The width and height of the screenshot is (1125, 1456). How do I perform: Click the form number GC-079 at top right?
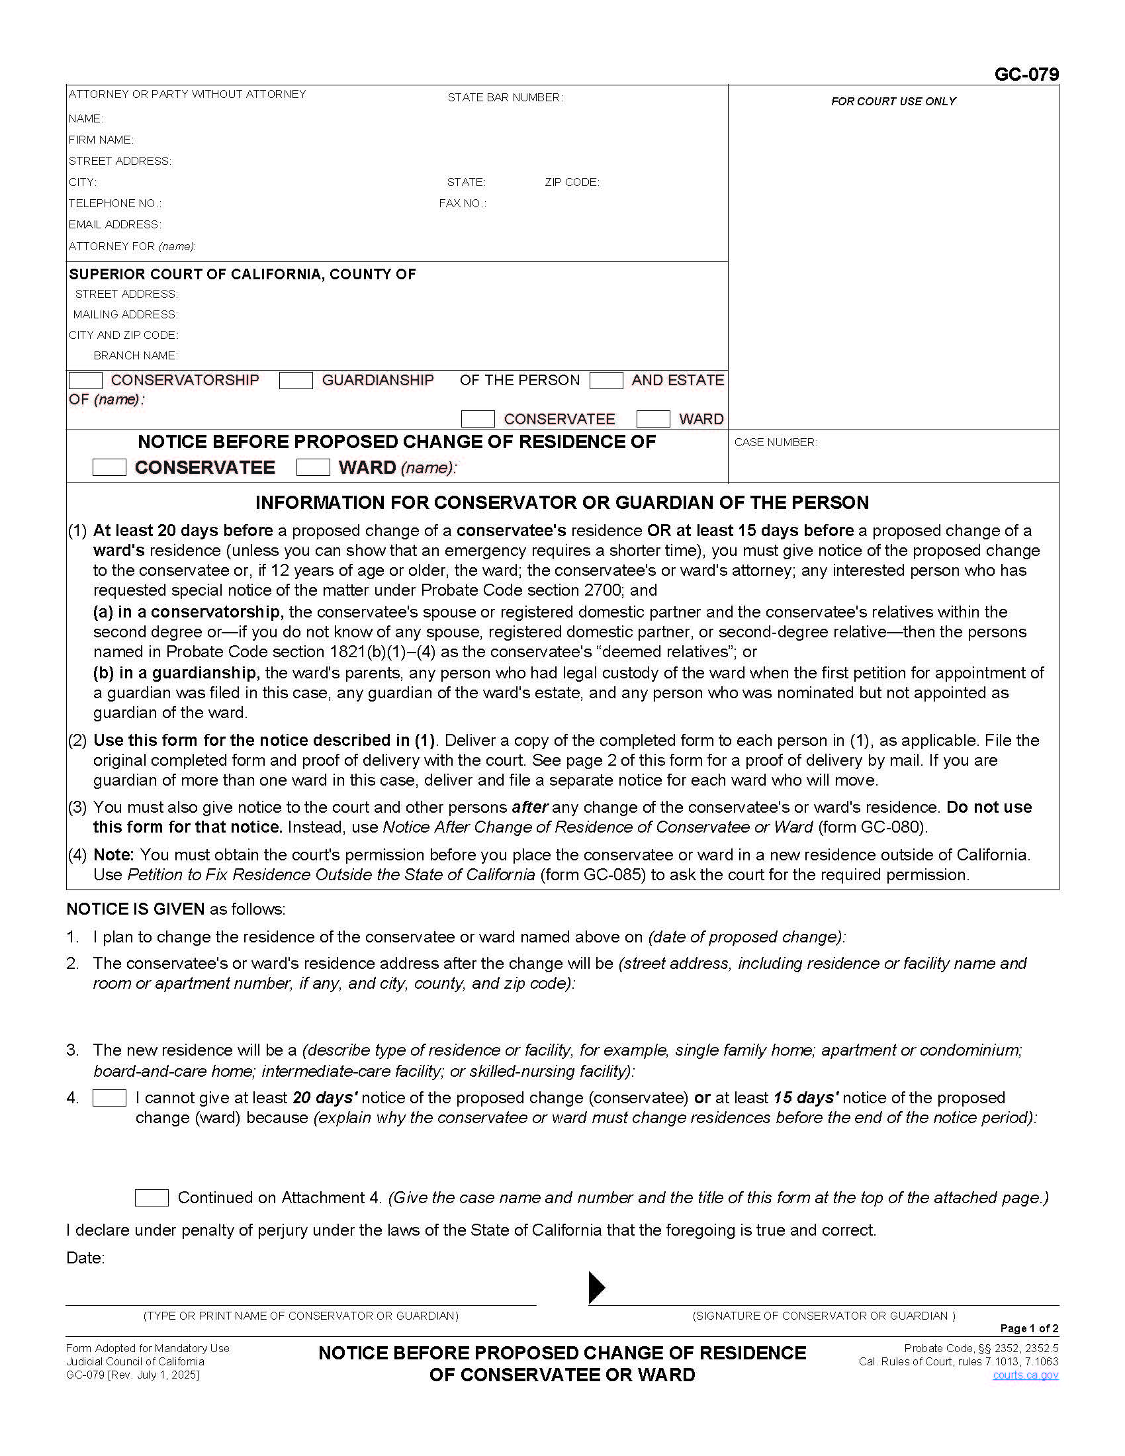point(1026,74)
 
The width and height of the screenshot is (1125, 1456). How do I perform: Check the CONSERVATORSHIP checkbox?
point(85,381)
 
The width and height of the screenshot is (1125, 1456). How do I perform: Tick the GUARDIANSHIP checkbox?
point(296,381)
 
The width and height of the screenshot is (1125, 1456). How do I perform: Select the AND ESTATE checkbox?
point(606,381)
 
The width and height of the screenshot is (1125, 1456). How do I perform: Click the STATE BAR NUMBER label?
point(504,97)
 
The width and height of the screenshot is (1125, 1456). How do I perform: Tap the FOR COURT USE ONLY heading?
point(893,101)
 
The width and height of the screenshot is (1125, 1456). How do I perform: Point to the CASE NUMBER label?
point(775,442)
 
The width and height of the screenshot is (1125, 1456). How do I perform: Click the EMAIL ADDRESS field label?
point(114,224)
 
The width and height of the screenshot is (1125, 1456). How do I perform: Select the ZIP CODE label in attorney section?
point(572,182)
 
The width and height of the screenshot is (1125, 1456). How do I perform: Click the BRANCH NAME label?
point(135,355)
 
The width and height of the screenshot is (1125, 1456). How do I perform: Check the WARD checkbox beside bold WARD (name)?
point(312,467)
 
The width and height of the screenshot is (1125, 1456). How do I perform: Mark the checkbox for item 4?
point(109,1098)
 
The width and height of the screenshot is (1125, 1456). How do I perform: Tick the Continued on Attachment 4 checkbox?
point(152,1198)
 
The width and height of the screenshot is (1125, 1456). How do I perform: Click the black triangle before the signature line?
point(596,1287)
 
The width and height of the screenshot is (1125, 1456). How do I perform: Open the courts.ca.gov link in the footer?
point(1025,1375)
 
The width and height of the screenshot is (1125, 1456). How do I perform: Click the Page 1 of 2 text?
point(1029,1329)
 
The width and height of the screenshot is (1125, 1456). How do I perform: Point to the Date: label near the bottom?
point(85,1258)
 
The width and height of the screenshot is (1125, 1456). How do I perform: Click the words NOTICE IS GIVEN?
point(135,909)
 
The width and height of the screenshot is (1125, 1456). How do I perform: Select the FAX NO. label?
point(462,203)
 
